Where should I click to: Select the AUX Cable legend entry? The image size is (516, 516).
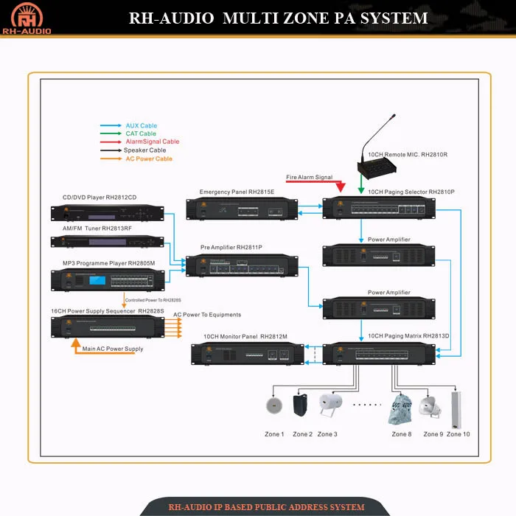coord(141,126)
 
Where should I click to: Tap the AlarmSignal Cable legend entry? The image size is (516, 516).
coord(152,142)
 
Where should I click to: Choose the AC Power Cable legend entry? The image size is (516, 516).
coord(148,158)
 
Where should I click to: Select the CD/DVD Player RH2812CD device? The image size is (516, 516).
coord(108,212)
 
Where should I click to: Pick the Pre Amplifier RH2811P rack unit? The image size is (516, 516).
coord(243,266)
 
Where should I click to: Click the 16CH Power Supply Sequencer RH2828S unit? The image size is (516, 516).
coord(108,327)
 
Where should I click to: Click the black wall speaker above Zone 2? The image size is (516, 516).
coord(301,407)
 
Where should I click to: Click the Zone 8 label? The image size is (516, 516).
coord(402,434)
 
